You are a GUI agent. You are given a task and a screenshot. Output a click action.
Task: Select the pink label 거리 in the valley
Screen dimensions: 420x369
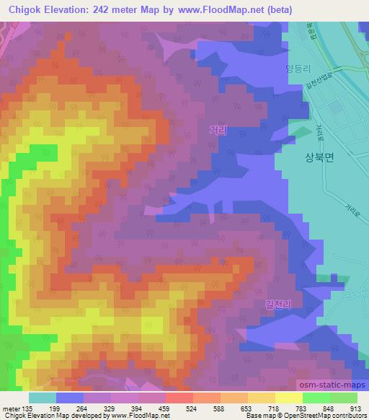[217, 130]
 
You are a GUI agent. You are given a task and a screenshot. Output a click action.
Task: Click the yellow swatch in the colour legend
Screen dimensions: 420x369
[288, 397]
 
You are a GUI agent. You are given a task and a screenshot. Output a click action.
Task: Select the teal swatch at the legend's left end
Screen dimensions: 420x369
[42, 397]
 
